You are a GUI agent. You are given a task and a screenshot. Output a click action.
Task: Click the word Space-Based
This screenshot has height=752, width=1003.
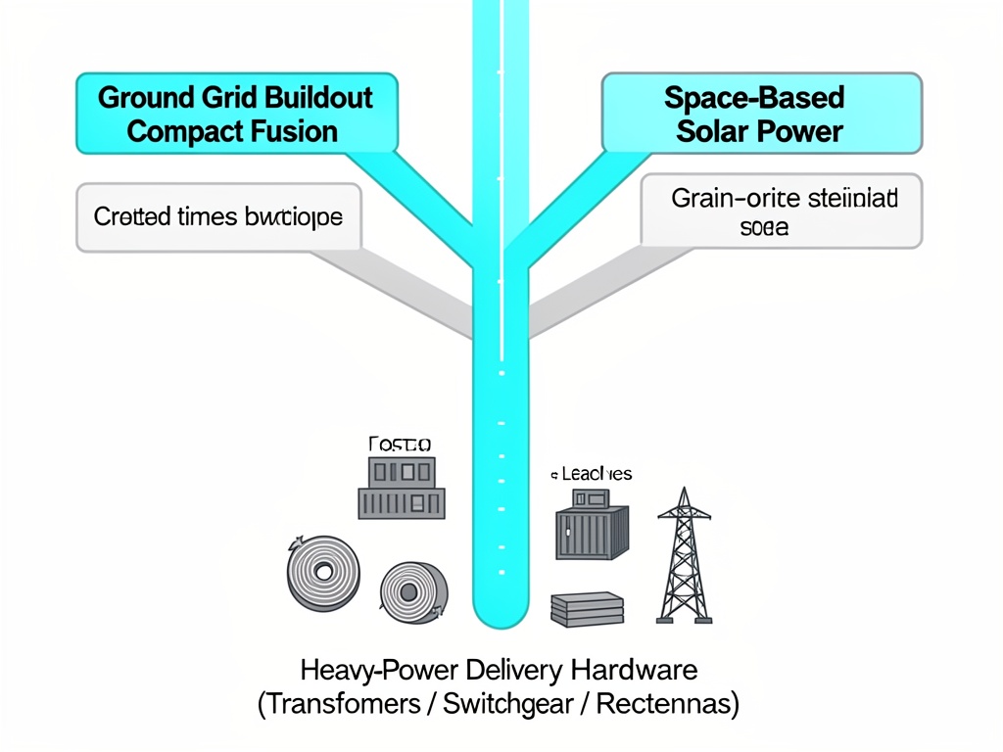[753, 98]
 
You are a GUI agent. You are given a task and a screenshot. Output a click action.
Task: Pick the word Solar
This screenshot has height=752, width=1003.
[710, 131]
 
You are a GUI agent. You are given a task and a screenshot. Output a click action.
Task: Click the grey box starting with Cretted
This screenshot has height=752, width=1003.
[217, 216]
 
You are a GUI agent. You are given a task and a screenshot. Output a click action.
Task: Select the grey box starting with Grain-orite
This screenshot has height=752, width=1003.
[782, 211]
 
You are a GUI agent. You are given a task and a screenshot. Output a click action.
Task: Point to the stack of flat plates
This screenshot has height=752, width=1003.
[588, 609]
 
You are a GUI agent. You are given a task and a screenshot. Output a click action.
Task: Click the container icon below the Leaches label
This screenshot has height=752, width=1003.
[591, 530]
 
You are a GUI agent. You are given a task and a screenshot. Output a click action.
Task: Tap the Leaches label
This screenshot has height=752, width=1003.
[592, 474]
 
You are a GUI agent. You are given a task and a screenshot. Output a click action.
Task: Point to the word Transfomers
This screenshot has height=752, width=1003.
[340, 704]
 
